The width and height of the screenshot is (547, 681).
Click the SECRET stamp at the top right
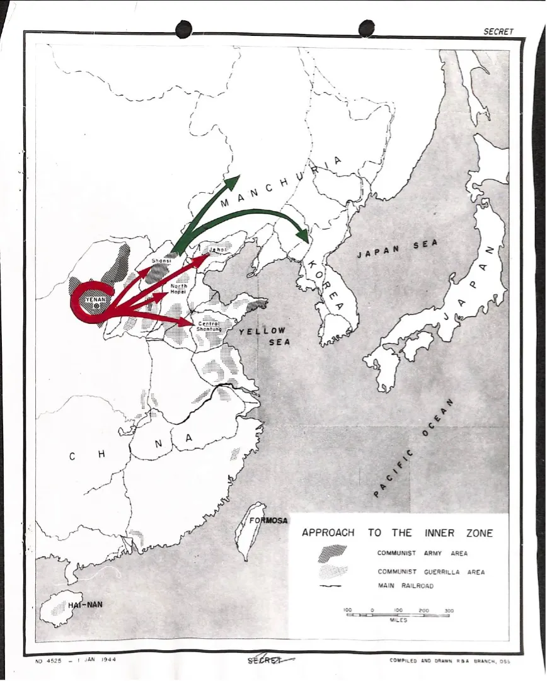[x=498, y=31]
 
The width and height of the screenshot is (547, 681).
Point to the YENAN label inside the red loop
[x=96, y=299]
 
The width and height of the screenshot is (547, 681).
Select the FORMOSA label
[x=268, y=520]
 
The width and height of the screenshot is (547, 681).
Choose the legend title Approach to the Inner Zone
[x=397, y=533]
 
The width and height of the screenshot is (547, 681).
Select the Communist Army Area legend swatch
[x=332, y=553]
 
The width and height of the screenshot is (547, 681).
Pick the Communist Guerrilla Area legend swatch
[x=332, y=572]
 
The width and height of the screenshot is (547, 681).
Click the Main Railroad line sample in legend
[x=331, y=586]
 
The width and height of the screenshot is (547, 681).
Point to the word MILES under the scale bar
[x=398, y=620]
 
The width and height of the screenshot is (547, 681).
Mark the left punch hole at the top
[x=183, y=28]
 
